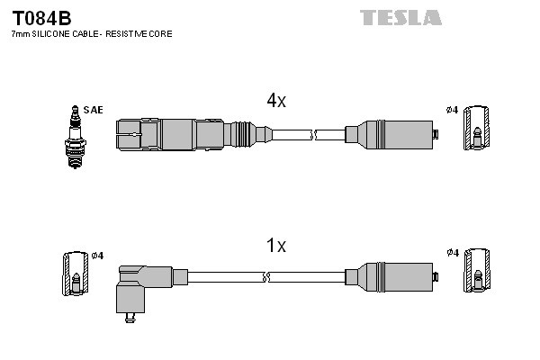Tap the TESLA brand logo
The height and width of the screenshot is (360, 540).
400,17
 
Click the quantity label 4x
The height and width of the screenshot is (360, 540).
275,102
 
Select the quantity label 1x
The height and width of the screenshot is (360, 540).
275,245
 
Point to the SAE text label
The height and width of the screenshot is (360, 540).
93,110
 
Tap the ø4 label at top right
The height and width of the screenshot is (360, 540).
452,110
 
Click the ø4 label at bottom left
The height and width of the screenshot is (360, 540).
96,256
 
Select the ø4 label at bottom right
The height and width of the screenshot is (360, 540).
452,253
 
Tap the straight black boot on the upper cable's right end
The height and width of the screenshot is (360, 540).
389,135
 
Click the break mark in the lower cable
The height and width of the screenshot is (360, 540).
266,277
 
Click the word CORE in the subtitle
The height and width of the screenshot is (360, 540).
159,33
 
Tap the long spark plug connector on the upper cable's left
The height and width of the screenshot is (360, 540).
180,135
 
